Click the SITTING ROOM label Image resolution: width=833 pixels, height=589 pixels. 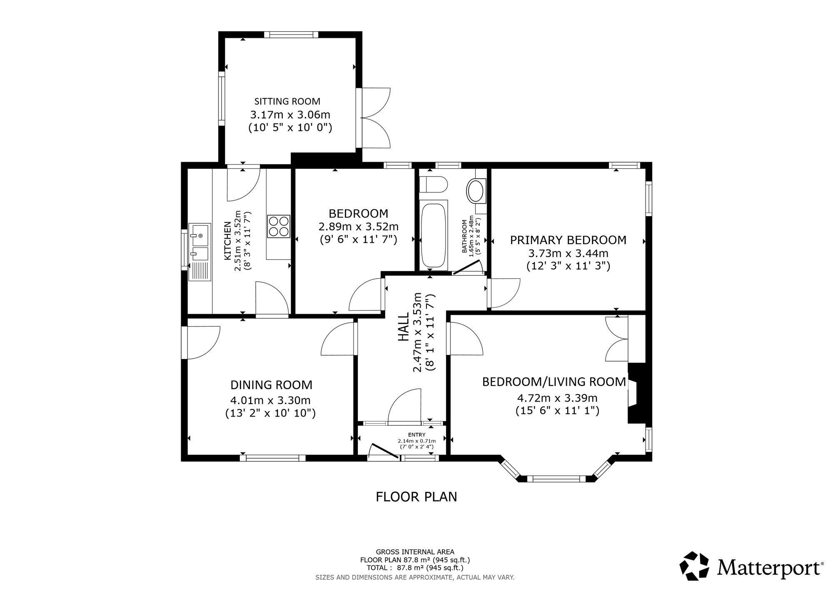[287, 101]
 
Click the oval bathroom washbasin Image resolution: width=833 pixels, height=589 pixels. [476, 191]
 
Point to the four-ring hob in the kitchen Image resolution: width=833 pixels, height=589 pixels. [278, 226]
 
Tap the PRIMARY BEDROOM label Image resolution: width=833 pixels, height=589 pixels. [568, 240]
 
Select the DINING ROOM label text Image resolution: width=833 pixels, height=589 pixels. [272, 384]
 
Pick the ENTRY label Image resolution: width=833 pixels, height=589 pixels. [416, 435]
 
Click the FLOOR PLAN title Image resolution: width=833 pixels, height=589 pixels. [416, 497]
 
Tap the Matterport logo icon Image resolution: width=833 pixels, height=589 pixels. [694, 566]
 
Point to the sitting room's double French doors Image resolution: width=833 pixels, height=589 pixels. [373, 117]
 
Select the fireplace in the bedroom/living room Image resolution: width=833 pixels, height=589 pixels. [636, 393]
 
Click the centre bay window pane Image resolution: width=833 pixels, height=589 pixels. [556, 479]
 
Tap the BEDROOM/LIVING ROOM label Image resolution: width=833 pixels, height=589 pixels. [554, 382]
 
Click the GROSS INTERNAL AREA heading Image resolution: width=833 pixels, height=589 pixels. [415, 552]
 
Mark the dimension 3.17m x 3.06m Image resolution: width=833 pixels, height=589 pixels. [290, 114]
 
